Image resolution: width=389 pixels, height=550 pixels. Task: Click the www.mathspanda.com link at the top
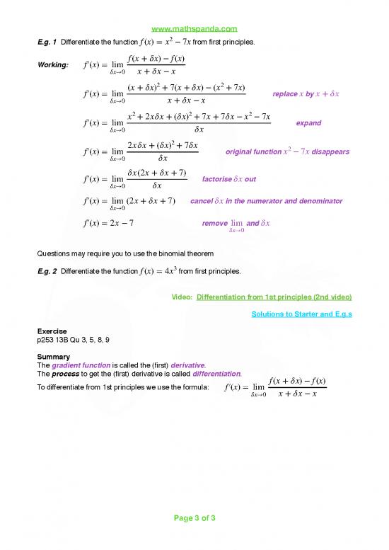pos(194,29)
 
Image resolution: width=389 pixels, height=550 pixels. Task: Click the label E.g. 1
pos(48,42)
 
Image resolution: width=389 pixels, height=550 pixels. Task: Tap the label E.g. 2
pos(48,271)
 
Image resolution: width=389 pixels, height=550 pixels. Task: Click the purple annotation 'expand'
pos(308,122)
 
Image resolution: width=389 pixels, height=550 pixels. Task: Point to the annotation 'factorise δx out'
pos(229,179)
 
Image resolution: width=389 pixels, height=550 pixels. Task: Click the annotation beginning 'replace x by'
pos(305,94)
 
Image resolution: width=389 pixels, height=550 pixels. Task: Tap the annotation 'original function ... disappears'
pos(286,151)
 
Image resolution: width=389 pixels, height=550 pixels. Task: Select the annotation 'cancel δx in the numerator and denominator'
pos(266,202)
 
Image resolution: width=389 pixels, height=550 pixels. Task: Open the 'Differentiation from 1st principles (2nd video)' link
pos(274,297)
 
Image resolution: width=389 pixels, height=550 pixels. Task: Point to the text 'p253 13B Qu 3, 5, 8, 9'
pos(73,340)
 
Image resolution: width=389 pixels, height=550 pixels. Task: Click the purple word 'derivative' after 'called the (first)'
pos(191,365)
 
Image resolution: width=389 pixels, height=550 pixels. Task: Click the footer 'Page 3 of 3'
pos(194,517)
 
